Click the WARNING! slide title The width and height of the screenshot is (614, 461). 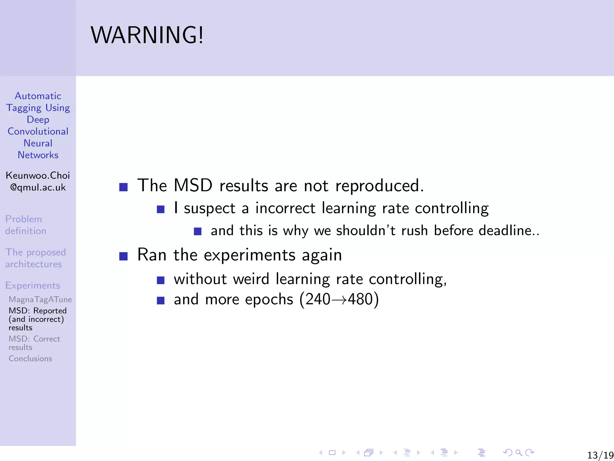tap(147, 35)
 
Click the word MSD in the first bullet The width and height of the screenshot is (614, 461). tap(193, 185)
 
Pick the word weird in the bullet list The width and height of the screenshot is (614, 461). tap(251, 279)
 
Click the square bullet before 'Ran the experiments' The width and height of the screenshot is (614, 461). tap(123, 256)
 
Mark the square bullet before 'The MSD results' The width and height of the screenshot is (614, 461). tap(123, 187)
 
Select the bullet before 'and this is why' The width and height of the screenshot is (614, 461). tap(198, 231)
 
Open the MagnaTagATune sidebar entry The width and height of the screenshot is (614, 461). tap(40, 299)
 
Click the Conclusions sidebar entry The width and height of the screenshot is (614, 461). tap(30, 358)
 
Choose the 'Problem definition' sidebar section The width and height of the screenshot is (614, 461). tap(25, 225)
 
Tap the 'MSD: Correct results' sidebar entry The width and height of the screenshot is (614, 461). tap(34, 343)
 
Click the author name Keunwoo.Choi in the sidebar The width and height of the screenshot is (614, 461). tap(38, 175)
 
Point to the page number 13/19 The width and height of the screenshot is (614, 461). tap(600, 455)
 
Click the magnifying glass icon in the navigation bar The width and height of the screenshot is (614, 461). tap(519, 453)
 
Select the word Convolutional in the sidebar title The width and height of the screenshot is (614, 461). tap(38, 131)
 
